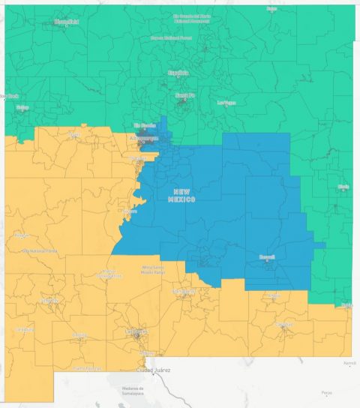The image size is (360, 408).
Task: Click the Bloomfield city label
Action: point(66,22)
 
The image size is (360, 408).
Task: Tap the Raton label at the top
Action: point(271,8)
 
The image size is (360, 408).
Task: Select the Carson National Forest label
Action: point(172,36)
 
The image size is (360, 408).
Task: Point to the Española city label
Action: point(178,73)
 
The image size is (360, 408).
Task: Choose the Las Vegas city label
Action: point(226,102)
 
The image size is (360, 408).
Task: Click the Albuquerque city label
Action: point(144,139)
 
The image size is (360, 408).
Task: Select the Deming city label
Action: point(79,335)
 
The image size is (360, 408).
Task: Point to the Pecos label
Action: point(324,392)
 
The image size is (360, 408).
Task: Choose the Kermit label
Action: point(349,362)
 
